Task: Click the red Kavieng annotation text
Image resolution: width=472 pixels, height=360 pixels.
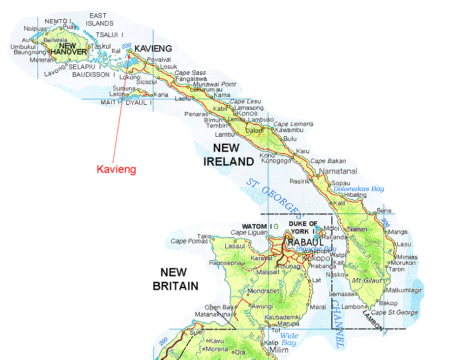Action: pyautogui.click(x=116, y=170)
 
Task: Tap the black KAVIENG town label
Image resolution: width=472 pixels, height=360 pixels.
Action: pyautogui.click(x=153, y=48)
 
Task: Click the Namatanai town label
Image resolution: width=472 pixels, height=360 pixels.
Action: pyautogui.click(x=338, y=172)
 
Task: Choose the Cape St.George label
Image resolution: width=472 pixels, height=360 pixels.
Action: pyautogui.click(x=394, y=312)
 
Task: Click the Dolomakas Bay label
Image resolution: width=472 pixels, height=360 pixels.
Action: pyautogui.click(x=358, y=188)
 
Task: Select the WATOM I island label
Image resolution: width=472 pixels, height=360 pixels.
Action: pyautogui.click(x=254, y=226)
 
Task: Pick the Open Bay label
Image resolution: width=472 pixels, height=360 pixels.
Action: pyautogui.click(x=217, y=307)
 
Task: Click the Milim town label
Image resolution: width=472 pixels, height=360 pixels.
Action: pyautogui.click(x=279, y=350)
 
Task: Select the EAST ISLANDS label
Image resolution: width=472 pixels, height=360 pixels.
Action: pyautogui.click(x=100, y=20)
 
